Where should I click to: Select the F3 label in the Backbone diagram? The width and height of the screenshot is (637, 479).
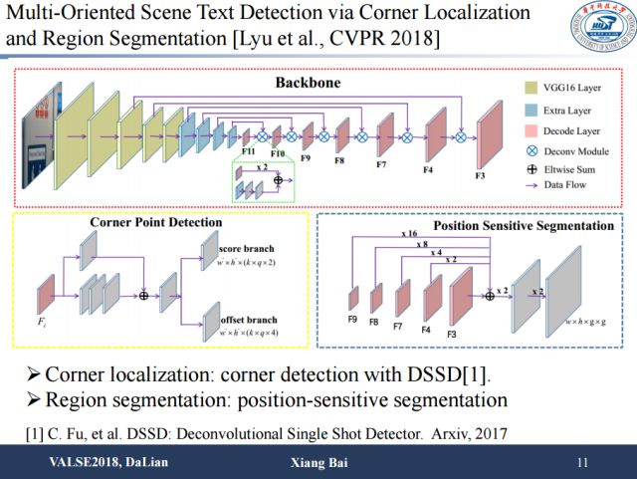tap(481, 175)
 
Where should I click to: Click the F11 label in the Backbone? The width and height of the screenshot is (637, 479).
tap(250, 151)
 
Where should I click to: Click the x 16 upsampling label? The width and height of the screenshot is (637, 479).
tap(407, 233)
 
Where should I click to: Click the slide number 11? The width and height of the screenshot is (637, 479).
tap(582, 463)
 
